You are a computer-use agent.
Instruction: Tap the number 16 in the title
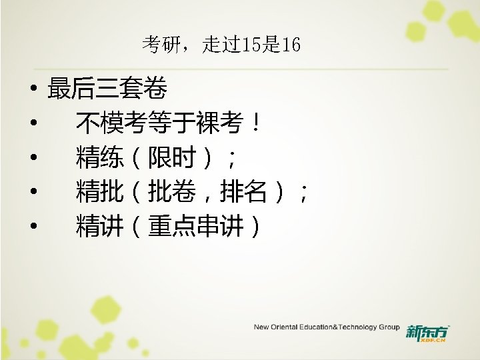(x=291, y=45)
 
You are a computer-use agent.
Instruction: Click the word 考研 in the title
(x=158, y=45)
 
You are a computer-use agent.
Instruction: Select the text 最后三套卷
(x=107, y=88)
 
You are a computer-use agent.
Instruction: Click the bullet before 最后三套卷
(x=32, y=89)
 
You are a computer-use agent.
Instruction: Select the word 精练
(x=99, y=159)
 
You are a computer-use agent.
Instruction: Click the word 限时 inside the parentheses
(x=171, y=159)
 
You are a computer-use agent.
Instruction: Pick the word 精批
(x=99, y=193)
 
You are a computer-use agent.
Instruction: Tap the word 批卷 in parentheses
(x=171, y=193)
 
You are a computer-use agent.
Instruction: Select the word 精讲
(x=99, y=228)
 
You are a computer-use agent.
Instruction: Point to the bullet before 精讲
(x=32, y=229)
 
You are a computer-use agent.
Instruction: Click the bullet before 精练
(x=32, y=159)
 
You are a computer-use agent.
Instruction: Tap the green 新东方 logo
(x=427, y=332)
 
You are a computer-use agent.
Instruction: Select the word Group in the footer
(x=389, y=327)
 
